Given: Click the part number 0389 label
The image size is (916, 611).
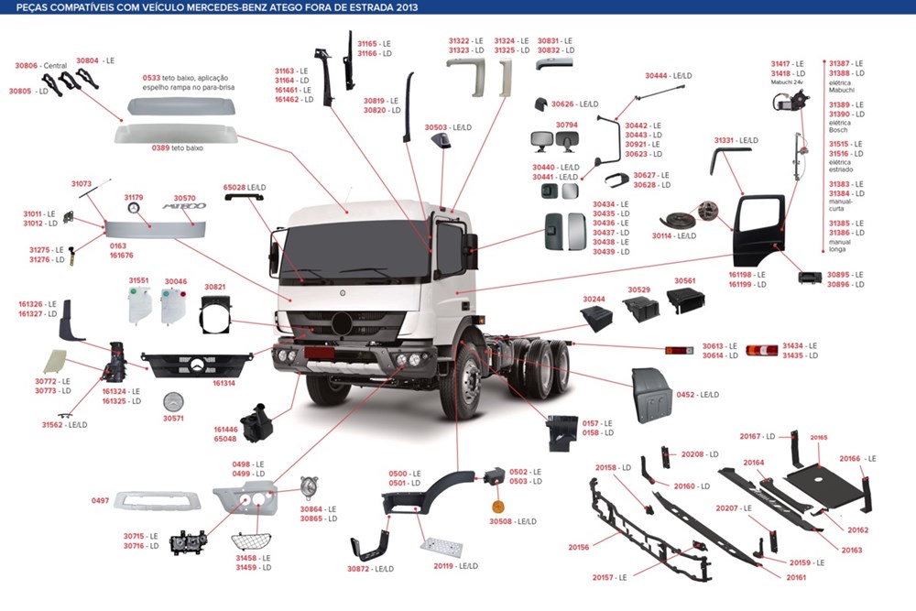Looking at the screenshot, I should tap(161, 147).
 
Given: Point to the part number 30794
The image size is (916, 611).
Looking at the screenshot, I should tap(567, 125).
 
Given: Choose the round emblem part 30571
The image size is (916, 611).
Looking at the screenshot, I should tap(173, 401).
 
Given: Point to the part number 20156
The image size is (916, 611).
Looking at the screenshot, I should tap(578, 547).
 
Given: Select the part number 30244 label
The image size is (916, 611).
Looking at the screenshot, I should tap(594, 299).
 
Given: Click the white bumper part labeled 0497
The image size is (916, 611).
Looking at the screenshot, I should tap(156, 500).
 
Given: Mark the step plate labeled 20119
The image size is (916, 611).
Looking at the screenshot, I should tap(442, 549).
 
